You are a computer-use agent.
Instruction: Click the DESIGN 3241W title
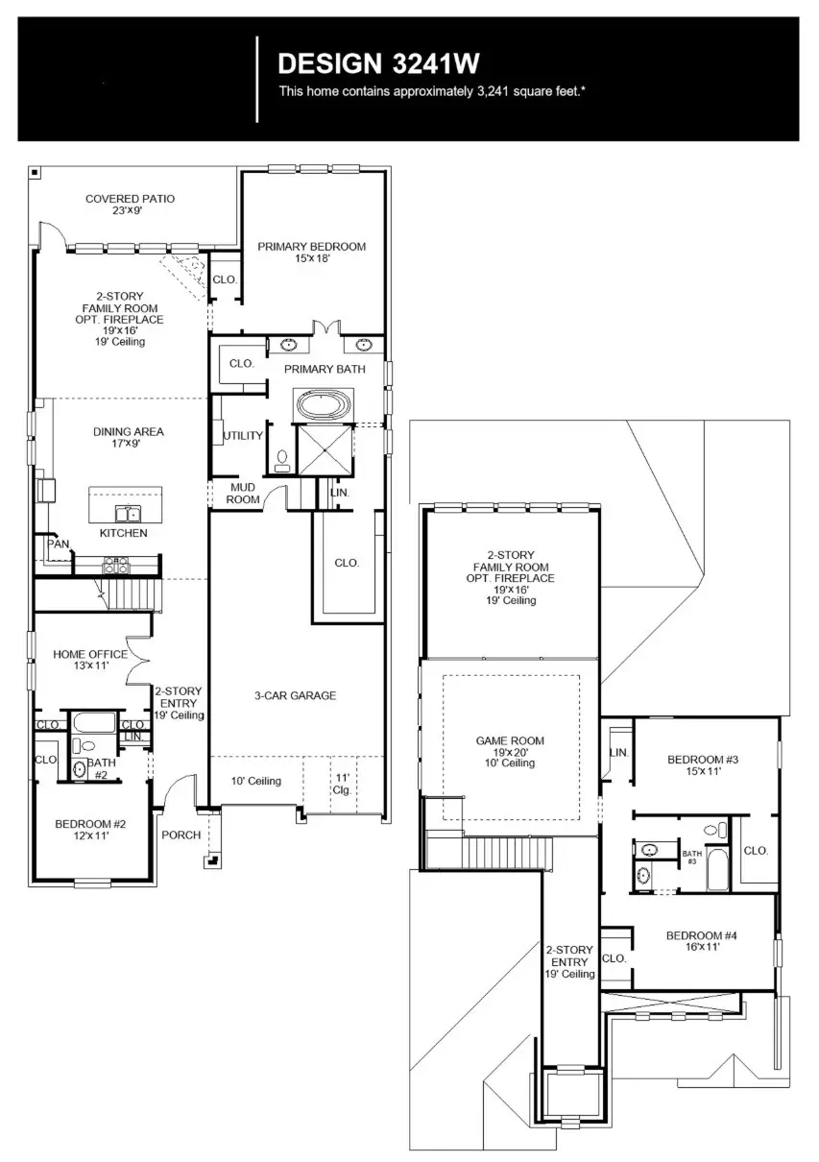pyautogui.click(x=378, y=63)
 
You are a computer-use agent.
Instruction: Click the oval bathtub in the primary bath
pyautogui.click(x=325, y=404)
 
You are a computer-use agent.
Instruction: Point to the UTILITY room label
pyautogui.click(x=243, y=436)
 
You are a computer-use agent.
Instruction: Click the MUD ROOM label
pyautogui.click(x=241, y=494)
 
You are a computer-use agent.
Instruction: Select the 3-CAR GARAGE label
pyautogui.click(x=295, y=695)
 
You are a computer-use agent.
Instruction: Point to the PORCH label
pyautogui.click(x=181, y=835)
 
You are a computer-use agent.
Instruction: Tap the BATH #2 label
pyautogui.click(x=102, y=768)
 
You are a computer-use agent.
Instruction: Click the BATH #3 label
pyautogui.click(x=691, y=857)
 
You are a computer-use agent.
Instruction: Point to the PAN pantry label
pyautogui.click(x=58, y=544)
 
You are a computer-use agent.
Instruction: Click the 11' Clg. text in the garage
pyautogui.click(x=342, y=783)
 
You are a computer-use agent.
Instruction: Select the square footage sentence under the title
pyautogui.click(x=432, y=91)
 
